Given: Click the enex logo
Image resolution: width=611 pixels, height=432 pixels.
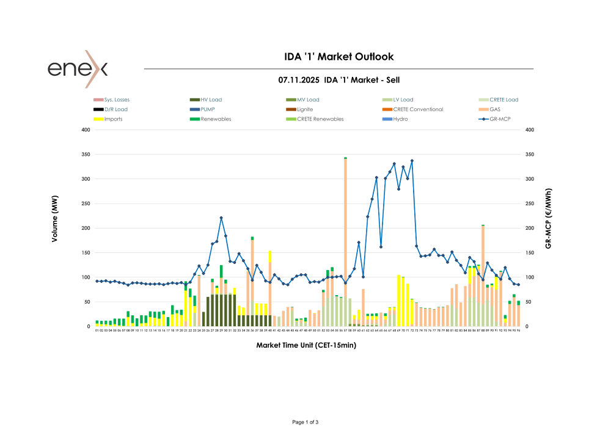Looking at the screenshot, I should coord(78,68).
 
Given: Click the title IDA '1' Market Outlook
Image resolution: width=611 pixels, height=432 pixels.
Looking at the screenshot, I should coord(339,57).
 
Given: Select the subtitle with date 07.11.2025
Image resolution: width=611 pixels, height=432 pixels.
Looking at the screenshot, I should coord(339,80).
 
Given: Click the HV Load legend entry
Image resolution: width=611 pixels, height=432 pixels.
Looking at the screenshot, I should coord(211,100).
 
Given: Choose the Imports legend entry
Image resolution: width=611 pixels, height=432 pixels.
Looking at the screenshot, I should coord(113,119).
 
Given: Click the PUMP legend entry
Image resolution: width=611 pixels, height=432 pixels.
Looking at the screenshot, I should coord(208,109).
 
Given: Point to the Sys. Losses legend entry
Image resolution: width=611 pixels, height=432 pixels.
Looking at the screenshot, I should coord(117,100).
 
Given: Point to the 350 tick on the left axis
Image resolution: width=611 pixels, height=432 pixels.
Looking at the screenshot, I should coord(86,155).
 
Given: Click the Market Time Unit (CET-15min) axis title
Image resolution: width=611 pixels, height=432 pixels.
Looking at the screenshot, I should coord(306,345).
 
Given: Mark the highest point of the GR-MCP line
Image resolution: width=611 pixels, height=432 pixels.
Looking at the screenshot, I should coord(412,161).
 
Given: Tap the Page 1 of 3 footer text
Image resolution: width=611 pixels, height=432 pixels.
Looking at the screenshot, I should coord(306,422).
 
